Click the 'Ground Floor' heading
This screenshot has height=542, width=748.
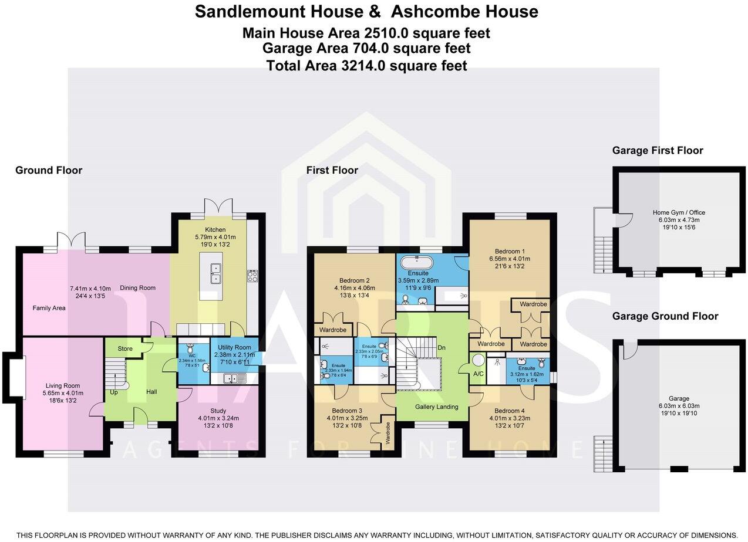49,171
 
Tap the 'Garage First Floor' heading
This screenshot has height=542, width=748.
658,151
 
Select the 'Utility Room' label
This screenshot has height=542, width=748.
234,348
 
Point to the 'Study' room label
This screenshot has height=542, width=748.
218,411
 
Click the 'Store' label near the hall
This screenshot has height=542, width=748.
125,349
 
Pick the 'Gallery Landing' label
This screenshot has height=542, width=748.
436,407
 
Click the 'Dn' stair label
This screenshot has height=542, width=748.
442,348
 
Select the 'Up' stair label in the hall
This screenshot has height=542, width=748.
113,392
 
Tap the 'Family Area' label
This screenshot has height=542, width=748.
49,308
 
